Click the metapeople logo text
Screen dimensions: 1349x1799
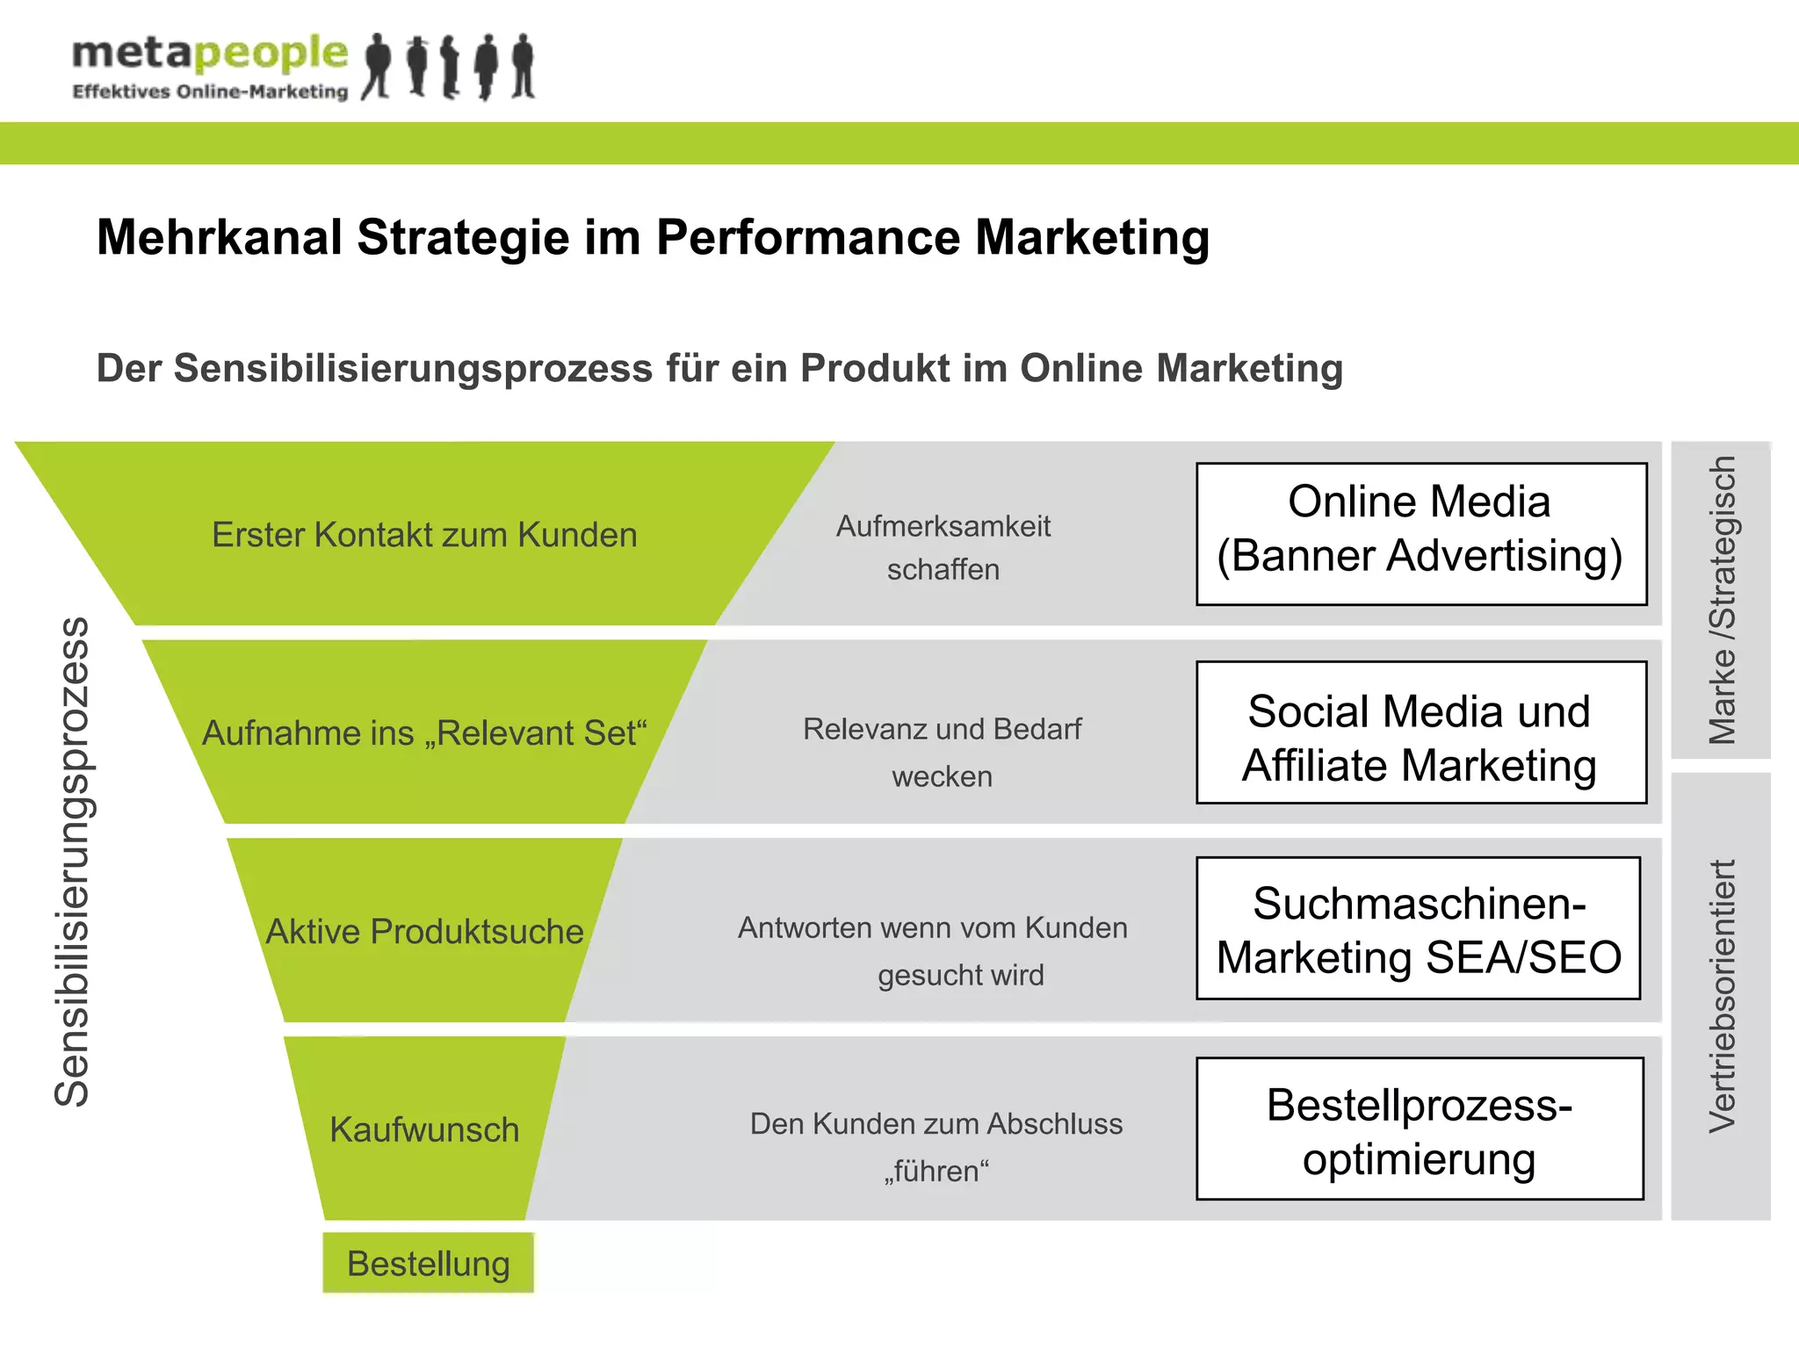(209, 54)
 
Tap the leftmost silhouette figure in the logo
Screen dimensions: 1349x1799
(378, 66)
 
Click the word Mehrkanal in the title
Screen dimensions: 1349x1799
(219, 238)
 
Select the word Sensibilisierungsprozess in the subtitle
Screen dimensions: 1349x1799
(413, 369)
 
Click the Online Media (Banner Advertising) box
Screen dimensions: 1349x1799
(1420, 534)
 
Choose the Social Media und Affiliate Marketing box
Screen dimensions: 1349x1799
(1420, 732)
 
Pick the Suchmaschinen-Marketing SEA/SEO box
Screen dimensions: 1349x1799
(1418, 928)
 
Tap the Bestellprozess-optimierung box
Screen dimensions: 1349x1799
(1419, 1129)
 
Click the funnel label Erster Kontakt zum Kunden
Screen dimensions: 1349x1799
(424, 535)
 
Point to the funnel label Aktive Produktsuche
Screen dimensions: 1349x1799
(424, 931)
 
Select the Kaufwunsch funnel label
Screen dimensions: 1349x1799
(424, 1129)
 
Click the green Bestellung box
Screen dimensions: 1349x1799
(428, 1264)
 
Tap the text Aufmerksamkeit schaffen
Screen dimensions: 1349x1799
(943, 548)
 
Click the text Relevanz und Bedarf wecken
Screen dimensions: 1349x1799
(942, 753)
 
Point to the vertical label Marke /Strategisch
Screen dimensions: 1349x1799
(1721, 600)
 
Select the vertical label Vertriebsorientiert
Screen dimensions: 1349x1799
(1721, 995)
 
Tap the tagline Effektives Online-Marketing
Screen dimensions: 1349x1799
(210, 92)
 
